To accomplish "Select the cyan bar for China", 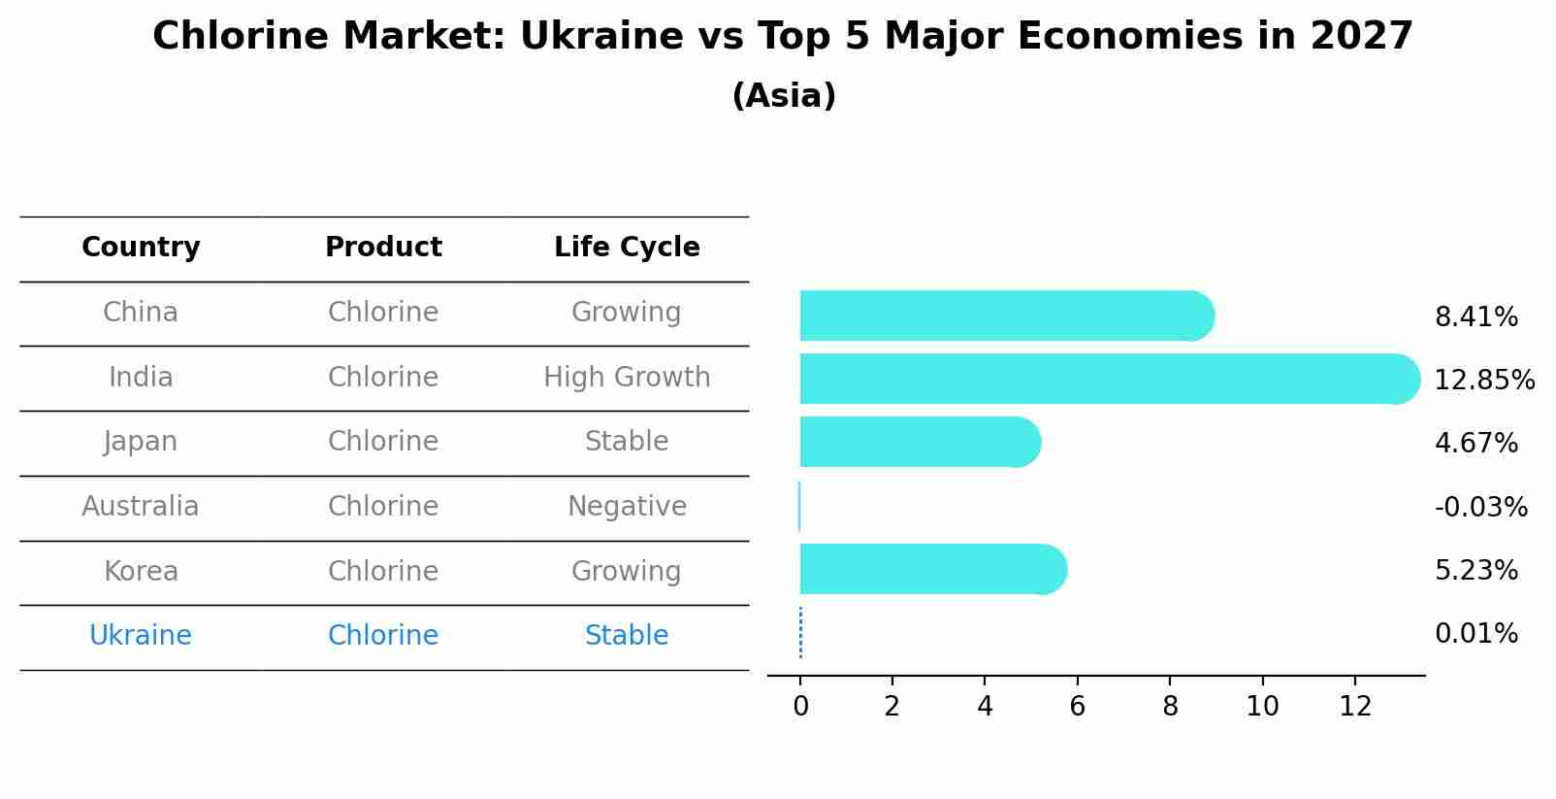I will click(x=1004, y=316).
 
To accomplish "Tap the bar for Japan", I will click(x=918, y=442).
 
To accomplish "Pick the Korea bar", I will click(x=931, y=569).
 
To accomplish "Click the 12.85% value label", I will click(x=1483, y=381).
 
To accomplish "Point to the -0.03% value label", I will click(x=1480, y=507).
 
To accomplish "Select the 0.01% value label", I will click(x=1475, y=634).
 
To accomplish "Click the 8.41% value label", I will click(x=1475, y=317).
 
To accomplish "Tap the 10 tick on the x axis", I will click(x=1262, y=707).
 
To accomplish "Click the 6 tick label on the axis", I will click(x=1077, y=707).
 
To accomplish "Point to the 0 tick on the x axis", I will click(x=800, y=707).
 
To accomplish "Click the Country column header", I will click(x=141, y=248).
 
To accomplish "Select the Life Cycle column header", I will click(x=627, y=248).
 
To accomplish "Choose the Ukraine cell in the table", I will click(x=141, y=636).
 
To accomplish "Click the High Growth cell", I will click(x=627, y=378).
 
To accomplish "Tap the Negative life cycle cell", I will click(x=627, y=507).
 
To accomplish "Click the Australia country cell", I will click(x=141, y=507).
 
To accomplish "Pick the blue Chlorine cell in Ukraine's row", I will click(x=383, y=636).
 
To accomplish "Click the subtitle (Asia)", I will click(x=784, y=96).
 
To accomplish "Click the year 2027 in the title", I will click(x=1361, y=37).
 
